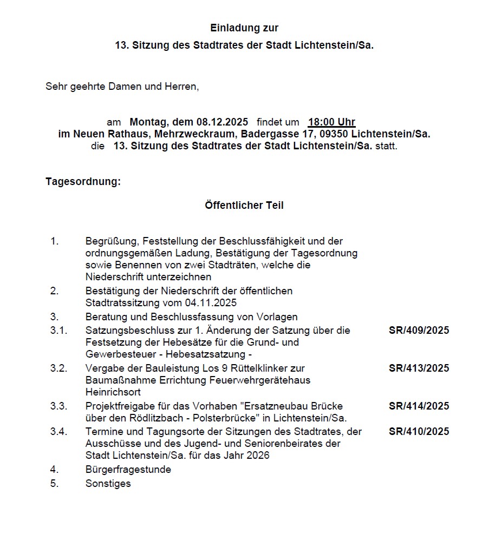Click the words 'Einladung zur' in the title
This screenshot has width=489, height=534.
[x=244, y=28]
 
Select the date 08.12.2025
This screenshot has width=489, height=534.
[x=223, y=122]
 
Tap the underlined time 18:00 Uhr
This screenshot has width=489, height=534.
[x=331, y=122]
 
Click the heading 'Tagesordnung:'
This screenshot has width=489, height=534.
[x=83, y=181]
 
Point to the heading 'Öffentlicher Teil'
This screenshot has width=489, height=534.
[x=244, y=205]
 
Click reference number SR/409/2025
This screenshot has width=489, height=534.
[x=419, y=330]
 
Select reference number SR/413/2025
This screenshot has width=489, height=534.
[x=419, y=368]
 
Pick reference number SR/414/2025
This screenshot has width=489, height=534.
[x=419, y=406]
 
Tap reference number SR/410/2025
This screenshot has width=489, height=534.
[x=419, y=431]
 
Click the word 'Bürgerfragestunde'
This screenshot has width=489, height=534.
[x=128, y=469]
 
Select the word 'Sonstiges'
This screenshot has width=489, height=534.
[x=108, y=483]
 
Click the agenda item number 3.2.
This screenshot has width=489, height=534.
[x=58, y=368]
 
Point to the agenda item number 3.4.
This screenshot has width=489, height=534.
[x=58, y=431]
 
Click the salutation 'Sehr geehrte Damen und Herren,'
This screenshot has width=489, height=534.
[x=122, y=86]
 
